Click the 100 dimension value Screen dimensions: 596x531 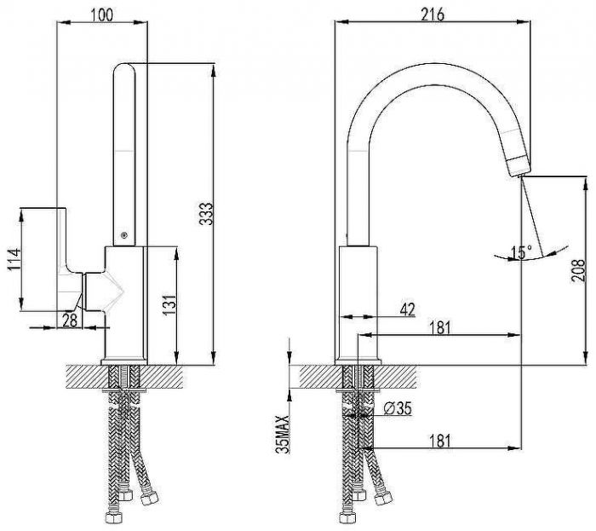pos(102,14)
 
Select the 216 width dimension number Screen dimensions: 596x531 pos(433,14)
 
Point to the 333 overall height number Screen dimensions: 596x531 pos(207,214)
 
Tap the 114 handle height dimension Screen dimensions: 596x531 pos(14,259)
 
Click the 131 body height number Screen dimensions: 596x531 pos(169,304)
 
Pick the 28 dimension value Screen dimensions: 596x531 pos(70,320)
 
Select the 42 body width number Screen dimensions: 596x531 pos(408,309)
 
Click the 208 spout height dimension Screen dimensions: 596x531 pos(578,270)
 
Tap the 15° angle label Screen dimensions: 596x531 pos(521,252)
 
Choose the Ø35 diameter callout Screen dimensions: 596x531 pos(398,409)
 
